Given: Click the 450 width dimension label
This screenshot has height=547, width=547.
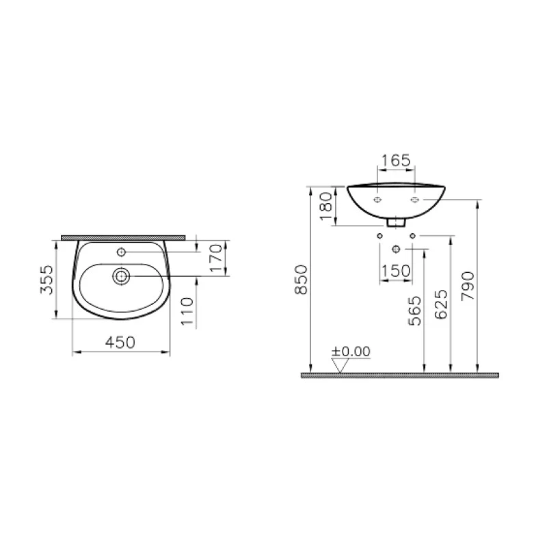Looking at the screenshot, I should [120, 341].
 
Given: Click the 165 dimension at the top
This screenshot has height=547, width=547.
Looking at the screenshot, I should [395, 161].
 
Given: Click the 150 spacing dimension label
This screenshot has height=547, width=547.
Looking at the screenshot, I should [396, 271].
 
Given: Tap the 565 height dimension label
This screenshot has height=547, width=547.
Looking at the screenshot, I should [415, 310].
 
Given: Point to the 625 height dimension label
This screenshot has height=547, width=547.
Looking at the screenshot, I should [440, 305].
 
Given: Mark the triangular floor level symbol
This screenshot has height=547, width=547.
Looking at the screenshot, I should [340, 365].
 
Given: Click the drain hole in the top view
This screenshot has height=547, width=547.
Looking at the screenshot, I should [122, 276].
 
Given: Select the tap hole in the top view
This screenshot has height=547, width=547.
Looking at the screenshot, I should [121, 252].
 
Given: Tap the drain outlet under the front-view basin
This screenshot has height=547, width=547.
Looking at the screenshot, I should [396, 222].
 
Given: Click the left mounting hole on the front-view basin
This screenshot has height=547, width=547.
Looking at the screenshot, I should [377, 200].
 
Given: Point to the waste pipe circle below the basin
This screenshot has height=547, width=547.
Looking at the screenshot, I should [396, 248].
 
